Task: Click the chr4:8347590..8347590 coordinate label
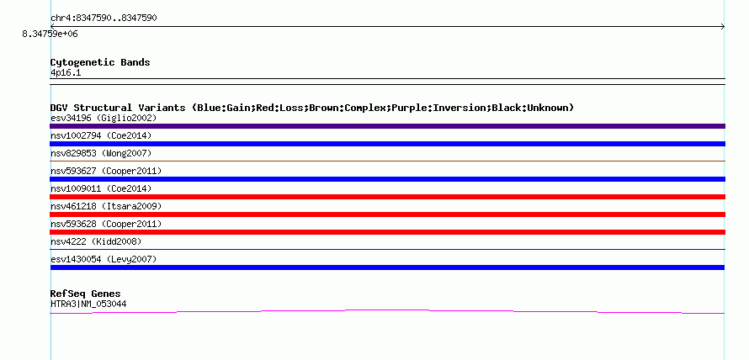pyautogui.click(x=104, y=19)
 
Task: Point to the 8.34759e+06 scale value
pyautogui.click(x=50, y=34)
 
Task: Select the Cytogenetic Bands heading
pyautogui.click(x=100, y=62)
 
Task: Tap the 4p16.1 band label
pyautogui.click(x=66, y=73)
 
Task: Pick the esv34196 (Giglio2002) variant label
pyautogui.click(x=104, y=118)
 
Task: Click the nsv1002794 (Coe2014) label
pyautogui.click(x=101, y=135)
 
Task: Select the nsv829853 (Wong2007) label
pyautogui.click(x=101, y=153)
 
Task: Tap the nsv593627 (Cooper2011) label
pyautogui.click(x=106, y=171)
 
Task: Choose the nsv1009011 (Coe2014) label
pyautogui.click(x=101, y=188)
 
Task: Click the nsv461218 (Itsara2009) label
pyautogui.click(x=106, y=206)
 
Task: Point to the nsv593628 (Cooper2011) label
pyautogui.click(x=106, y=224)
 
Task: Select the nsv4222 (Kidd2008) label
pyautogui.click(x=96, y=241)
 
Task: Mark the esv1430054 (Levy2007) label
pyautogui.click(x=104, y=259)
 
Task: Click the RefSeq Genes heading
pyautogui.click(x=86, y=294)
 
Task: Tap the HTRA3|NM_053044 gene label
pyautogui.click(x=88, y=304)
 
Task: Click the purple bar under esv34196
pyautogui.click(x=387, y=126)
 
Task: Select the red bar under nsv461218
pyautogui.click(x=387, y=214)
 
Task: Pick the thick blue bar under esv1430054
pyautogui.click(x=387, y=267)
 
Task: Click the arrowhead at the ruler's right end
pyautogui.click(x=723, y=27)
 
